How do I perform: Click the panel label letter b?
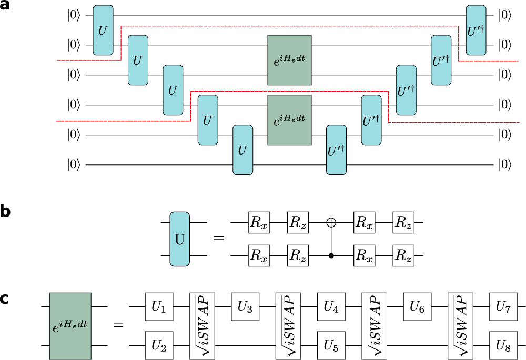tap(6, 212)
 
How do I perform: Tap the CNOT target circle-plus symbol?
tap(331, 223)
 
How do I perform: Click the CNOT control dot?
tap(331, 256)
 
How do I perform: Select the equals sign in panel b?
tap(218, 240)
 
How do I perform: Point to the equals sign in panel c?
tap(119, 326)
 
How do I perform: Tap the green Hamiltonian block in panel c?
tap(70, 326)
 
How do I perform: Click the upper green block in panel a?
tap(289, 60)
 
